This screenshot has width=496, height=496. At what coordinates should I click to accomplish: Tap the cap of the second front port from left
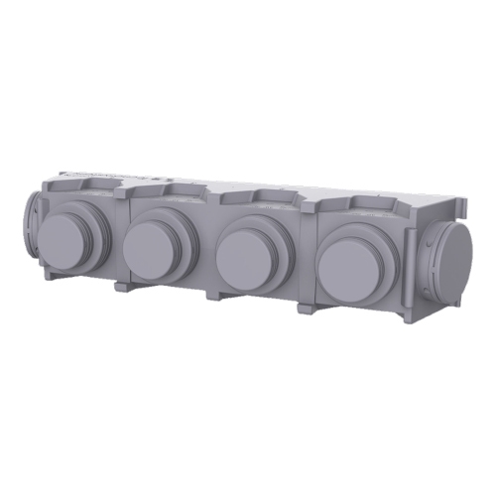(x=151, y=249)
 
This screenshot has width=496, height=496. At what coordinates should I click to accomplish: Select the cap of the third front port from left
(x=242, y=254)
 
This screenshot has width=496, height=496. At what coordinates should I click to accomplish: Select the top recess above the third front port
(x=260, y=199)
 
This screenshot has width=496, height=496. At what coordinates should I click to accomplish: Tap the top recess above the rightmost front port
(x=371, y=208)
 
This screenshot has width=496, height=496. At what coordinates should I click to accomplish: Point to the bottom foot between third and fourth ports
(x=306, y=309)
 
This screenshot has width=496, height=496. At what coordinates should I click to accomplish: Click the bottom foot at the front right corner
(x=408, y=320)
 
